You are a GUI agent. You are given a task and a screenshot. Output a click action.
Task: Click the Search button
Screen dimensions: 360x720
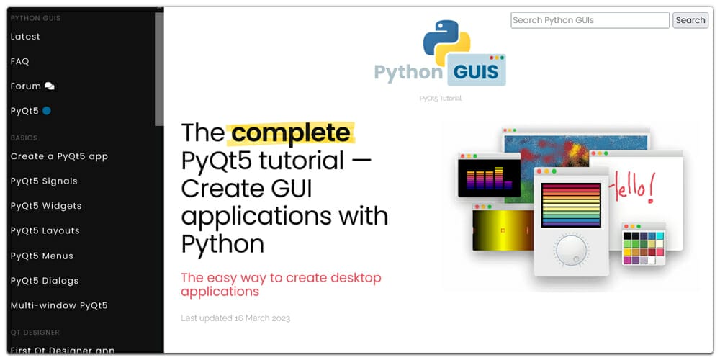pyautogui.click(x=690, y=20)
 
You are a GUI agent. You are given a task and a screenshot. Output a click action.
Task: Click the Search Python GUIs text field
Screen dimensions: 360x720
pyautogui.click(x=590, y=20)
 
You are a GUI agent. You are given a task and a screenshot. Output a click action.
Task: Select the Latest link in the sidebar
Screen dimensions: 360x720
pyautogui.click(x=25, y=37)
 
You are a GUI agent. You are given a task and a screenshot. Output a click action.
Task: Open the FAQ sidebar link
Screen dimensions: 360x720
pyautogui.click(x=19, y=61)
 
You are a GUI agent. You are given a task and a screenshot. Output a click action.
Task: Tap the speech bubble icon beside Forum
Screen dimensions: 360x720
pyautogui.click(x=49, y=86)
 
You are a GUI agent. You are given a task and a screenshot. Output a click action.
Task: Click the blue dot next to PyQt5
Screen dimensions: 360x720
pyautogui.click(x=47, y=111)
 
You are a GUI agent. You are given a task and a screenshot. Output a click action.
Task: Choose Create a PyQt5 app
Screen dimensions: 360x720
pyautogui.click(x=59, y=156)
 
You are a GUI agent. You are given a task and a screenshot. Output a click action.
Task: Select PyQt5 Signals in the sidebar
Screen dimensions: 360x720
pyautogui.click(x=44, y=181)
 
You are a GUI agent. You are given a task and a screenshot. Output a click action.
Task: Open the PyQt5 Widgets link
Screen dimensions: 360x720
pyautogui.click(x=46, y=206)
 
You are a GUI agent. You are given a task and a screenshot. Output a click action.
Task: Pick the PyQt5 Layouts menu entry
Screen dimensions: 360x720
pyautogui.click(x=45, y=231)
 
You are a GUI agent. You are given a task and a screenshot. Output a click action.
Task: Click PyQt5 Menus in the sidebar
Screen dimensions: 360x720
pyautogui.click(x=42, y=256)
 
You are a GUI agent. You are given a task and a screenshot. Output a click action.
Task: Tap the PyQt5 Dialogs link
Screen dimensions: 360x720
pyautogui.click(x=45, y=281)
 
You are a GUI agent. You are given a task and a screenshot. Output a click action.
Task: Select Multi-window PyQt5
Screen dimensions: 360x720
pyautogui.click(x=59, y=305)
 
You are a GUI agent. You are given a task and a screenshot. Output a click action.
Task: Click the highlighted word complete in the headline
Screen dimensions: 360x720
pyautogui.click(x=291, y=133)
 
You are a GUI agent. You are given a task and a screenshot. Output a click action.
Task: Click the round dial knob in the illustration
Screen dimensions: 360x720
pyautogui.click(x=571, y=251)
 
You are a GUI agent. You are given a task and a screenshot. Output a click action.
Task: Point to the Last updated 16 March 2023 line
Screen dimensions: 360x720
pyautogui.click(x=235, y=318)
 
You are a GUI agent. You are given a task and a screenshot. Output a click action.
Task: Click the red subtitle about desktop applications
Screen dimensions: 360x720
pyautogui.click(x=281, y=284)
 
